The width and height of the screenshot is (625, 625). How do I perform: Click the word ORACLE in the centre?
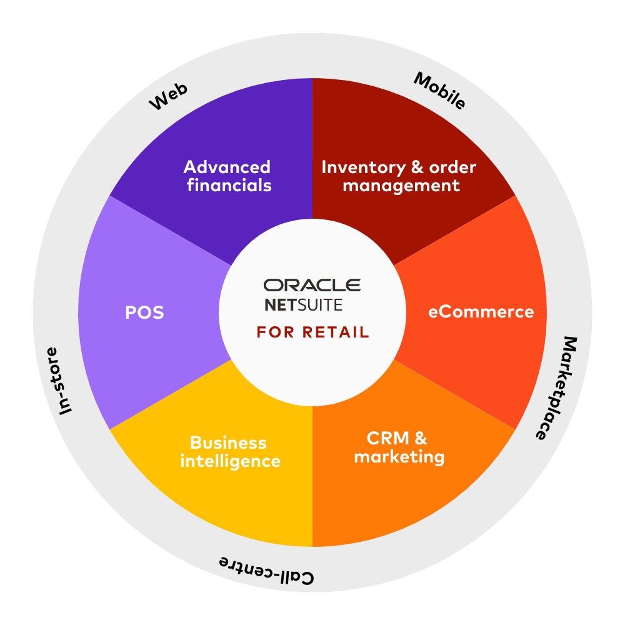312,286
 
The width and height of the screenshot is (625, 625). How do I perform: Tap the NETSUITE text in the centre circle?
303,306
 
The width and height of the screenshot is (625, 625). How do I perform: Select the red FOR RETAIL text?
312,332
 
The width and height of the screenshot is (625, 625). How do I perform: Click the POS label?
144,312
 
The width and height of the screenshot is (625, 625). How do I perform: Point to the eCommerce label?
481,312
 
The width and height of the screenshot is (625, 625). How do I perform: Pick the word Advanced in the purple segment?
227,167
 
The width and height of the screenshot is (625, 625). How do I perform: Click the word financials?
229,186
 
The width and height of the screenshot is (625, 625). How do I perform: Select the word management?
401,186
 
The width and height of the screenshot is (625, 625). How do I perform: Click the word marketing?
399,457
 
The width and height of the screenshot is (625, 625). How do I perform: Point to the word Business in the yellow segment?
228,443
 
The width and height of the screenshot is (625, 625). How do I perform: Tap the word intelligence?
230,462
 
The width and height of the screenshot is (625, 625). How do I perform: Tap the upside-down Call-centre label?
267,569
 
